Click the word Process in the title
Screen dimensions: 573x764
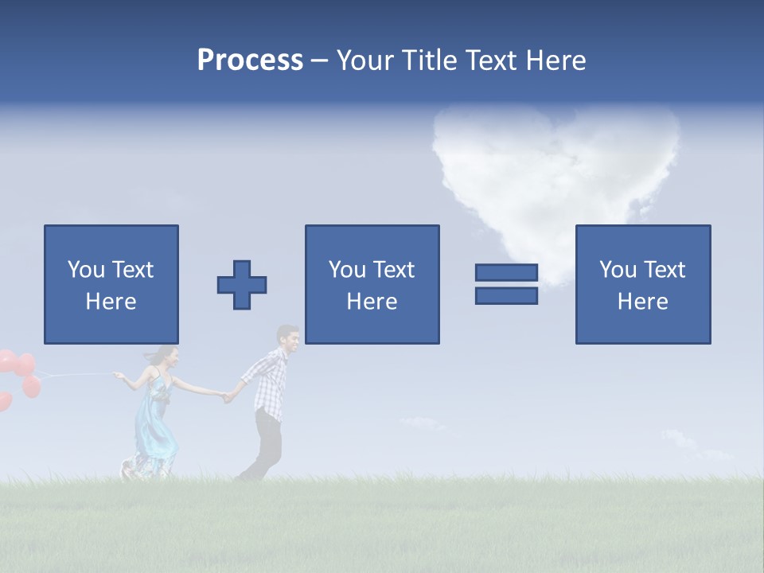250,60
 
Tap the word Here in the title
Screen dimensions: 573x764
553,60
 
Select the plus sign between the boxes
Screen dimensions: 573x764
242,285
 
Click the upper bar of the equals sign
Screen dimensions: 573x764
506,273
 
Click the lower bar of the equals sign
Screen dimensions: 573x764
506,296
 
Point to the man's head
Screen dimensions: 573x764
288,340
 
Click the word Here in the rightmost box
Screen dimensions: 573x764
643,302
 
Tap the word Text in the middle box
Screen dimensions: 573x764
395,270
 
